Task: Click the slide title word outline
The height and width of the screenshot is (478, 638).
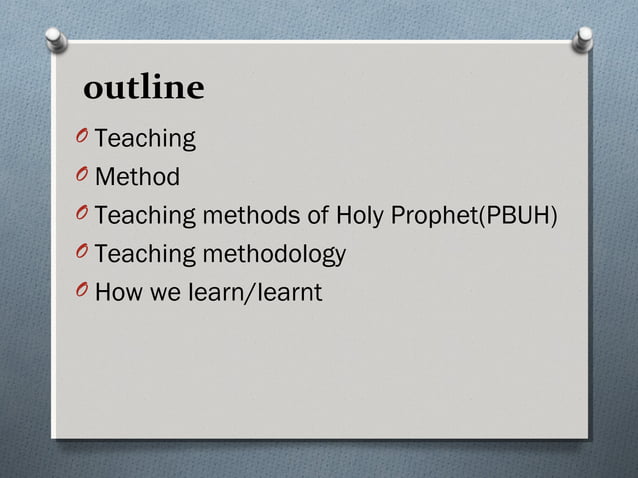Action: pyautogui.click(x=144, y=90)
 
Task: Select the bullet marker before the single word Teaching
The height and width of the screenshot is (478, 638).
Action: pyautogui.click(x=83, y=138)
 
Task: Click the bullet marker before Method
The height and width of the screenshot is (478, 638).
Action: pyautogui.click(x=83, y=177)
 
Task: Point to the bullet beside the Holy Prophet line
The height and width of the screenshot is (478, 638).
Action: pyautogui.click(x=83, y=215)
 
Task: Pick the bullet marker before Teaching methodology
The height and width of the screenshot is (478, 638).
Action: pyautogui.click(x=83, y=254)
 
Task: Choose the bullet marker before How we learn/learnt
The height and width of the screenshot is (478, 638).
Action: pyautogui.click(x=83, y=292)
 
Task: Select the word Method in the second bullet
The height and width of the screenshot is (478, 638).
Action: pyautogui.click(x=138, y=178)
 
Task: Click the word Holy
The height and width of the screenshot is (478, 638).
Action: pyautogui.click(x=363, y=216)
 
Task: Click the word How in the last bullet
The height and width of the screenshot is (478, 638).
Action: pyautogui.click(x=118, y=293)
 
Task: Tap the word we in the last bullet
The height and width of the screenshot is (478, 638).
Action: pyautogui.click(x=165, y=293)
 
